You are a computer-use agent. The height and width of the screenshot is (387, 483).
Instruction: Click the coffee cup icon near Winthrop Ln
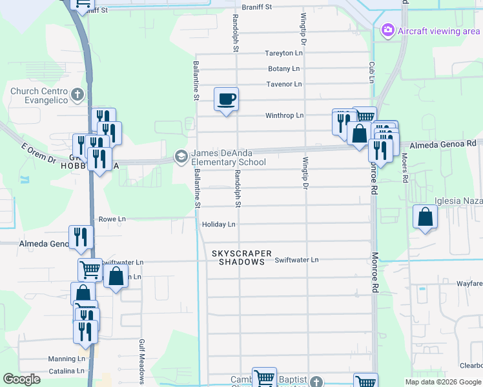click(226, 99)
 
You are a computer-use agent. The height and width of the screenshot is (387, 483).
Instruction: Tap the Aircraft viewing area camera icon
click(387, 30)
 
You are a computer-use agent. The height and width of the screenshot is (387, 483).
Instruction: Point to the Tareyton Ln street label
click(283, 54)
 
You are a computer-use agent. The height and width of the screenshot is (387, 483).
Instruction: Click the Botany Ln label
click(284, 69)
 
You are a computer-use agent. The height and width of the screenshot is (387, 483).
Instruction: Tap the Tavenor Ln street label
click(284, 84)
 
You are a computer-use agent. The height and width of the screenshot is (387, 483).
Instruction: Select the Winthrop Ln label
click(284, 115)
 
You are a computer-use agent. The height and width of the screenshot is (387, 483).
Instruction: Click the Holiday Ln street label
click(219, 224)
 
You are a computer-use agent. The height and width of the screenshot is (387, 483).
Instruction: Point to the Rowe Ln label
click(112, 219)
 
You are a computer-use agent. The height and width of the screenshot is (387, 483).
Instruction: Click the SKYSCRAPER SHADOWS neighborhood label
click(241, 258)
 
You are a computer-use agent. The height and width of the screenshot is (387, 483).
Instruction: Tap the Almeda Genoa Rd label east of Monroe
click(446, 144)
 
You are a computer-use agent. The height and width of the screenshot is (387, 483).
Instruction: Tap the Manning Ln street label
click(67, 359)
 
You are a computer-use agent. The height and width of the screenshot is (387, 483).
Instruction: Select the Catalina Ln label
click(67, 371)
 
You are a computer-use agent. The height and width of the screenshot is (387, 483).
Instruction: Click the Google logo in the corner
click(21, 379)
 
